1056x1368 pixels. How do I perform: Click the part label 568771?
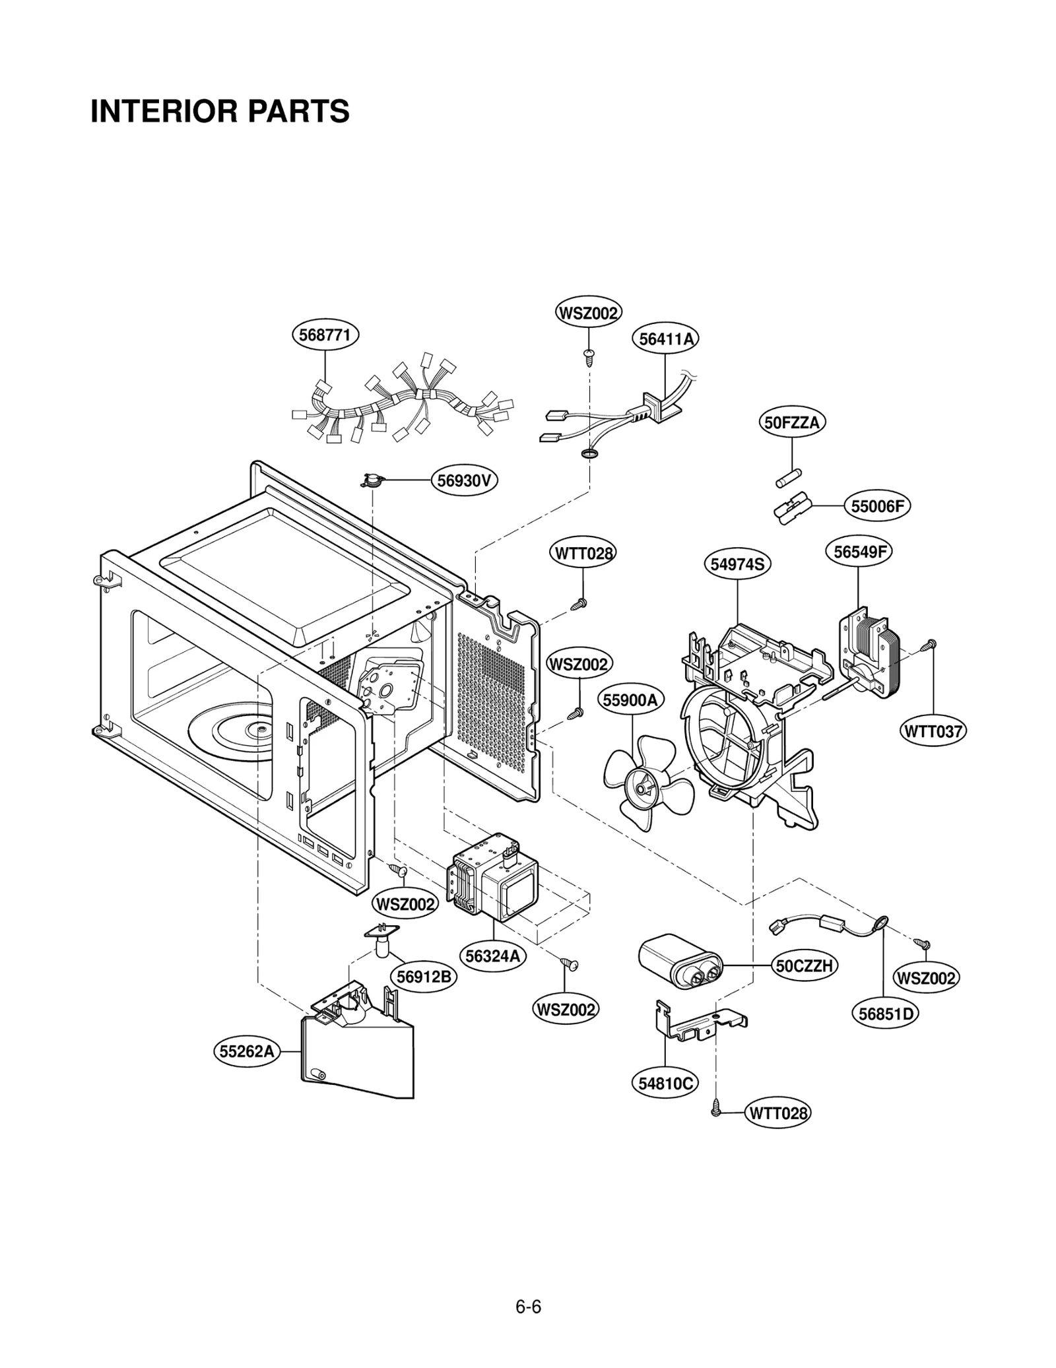(x=325, y=335)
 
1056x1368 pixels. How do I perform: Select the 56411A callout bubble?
(x=666, y=339)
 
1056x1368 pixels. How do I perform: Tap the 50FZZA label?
(x=791, y=422)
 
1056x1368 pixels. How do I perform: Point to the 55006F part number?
(x=877, y=506)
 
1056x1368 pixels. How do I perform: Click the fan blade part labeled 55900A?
(x=647, y=783)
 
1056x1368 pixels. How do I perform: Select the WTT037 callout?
(x=933, y=731)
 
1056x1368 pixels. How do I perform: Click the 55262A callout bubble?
(x=246, y=1051)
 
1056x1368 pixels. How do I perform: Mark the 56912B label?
(x=423, y=977)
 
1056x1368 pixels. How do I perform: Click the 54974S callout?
(x=737, y=564)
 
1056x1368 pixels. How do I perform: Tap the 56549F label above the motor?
(x=858, y=552)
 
